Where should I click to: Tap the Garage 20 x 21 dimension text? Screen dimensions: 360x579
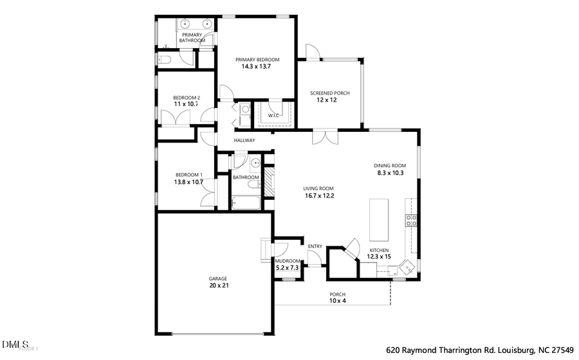click(218, 285)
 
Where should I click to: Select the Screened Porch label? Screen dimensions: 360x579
click(330, 93)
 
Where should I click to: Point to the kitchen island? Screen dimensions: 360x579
click(380, 218)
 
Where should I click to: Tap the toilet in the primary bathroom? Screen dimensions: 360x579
click(164, 60)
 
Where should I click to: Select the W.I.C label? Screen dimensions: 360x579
click(273, 116)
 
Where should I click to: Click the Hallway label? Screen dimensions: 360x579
click(244, 140)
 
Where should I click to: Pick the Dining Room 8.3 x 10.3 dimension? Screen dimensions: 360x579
click(391, 173)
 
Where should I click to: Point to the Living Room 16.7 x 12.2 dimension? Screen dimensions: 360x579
click(319, 196)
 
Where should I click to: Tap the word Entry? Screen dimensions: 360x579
click(315, 246)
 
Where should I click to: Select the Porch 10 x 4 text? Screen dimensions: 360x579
click(338, 300)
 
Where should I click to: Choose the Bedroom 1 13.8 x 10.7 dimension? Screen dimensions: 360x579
click(188, 182)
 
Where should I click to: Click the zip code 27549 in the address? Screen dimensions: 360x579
click(560, 350)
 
